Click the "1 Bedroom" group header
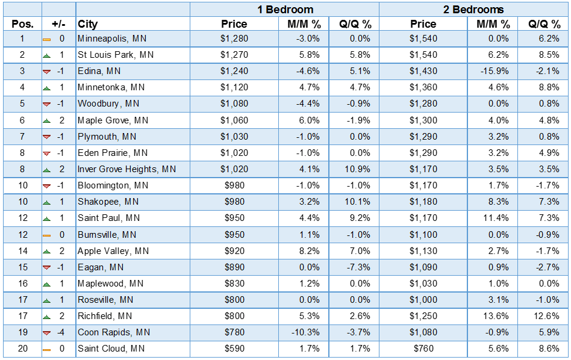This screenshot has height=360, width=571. (x=284, y=9)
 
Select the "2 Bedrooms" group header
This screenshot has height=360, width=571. (x=473, y=9)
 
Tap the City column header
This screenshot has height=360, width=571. (x=88, y=24)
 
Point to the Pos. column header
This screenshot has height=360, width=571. (x=22, y=24)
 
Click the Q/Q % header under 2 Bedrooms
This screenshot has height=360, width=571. (x=544, y=24)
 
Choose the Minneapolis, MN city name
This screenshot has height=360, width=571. (x=112, y=39)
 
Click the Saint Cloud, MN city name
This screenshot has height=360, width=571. (x=111, y=349)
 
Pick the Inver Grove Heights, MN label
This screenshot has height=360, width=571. (x=126, y=169)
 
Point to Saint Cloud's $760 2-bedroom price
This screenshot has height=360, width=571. (x=423, y=349)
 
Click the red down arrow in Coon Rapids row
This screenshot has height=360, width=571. (x=46, y=332)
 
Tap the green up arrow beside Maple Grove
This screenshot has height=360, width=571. (x=46, y=120)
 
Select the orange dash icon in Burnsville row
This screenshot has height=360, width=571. (x=46, y=235)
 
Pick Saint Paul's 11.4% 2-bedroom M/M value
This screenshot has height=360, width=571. (x=498, y=218)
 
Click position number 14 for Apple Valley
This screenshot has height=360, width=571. (x=22, y=251)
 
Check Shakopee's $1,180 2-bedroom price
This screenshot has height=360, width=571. (x=423, y=202)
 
